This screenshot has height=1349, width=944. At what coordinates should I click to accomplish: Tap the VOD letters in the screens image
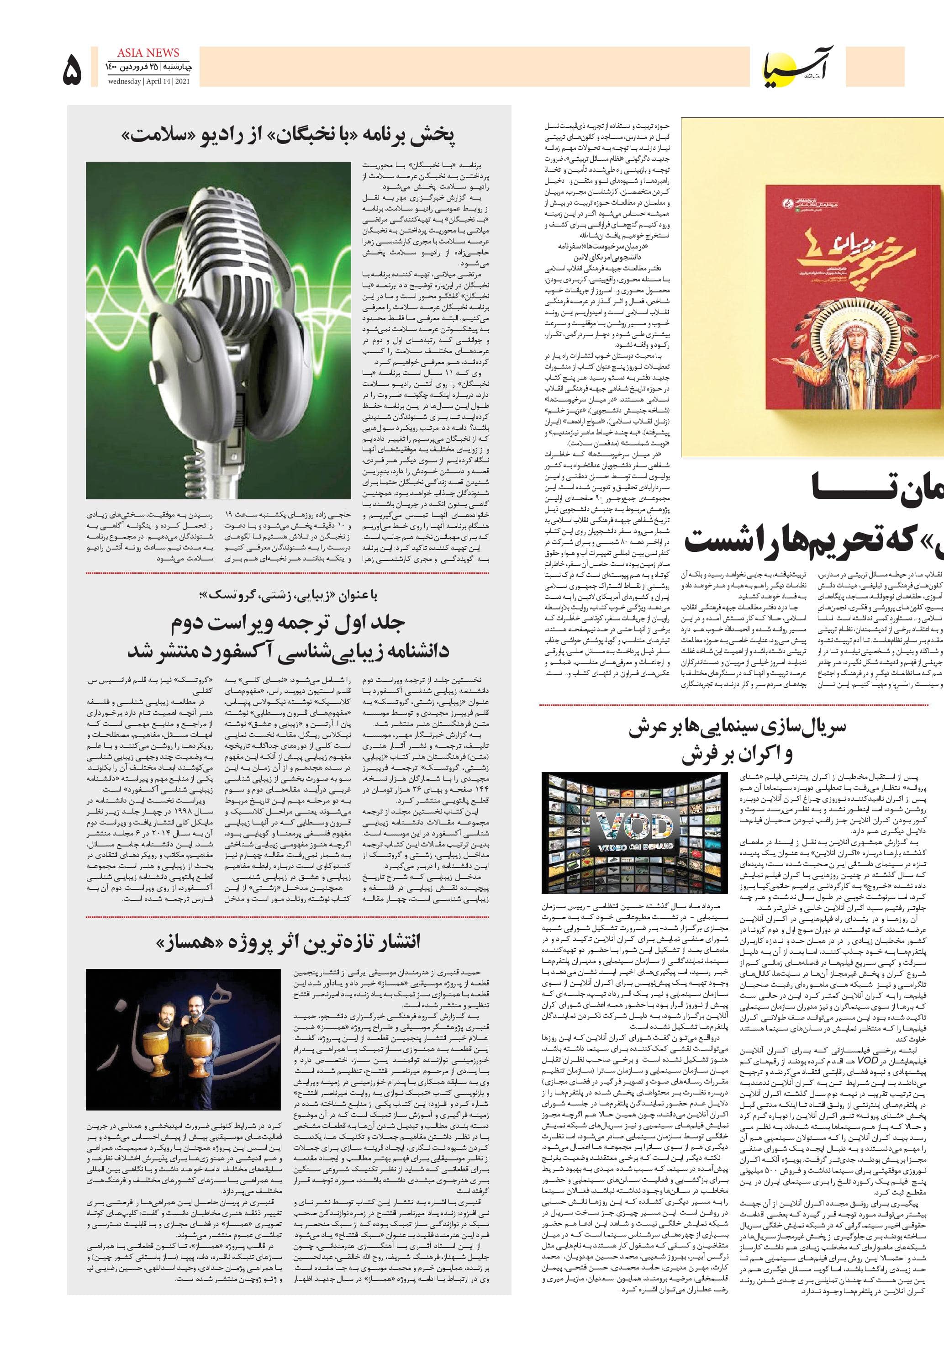[x=632, y=829]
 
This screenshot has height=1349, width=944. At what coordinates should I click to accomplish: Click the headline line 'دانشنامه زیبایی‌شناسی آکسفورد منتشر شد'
[x=288, y=651]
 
